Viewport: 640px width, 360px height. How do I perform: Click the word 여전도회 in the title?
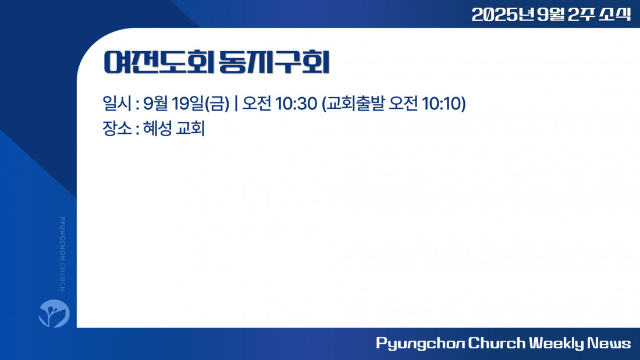coord(159,62)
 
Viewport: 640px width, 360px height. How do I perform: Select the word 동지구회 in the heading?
coord(274,62)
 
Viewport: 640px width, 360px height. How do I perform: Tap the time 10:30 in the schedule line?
coord(296,104)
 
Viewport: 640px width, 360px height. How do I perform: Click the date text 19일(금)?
coord(200,104)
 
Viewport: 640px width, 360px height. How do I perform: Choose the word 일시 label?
coord(117,104)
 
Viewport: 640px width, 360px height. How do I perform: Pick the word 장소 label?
coord(117,128)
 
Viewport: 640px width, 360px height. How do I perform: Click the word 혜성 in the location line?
coord(157,128)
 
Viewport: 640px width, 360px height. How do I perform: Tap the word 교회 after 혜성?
coord(190,128)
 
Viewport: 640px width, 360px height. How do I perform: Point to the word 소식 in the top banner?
coord(615,15)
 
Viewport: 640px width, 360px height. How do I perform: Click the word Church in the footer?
coord(496,343)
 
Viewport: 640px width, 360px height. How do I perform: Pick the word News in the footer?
coord(609,343)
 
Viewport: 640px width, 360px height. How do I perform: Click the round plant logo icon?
coord(54,313)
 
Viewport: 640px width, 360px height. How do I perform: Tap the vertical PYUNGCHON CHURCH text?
coord(62,254)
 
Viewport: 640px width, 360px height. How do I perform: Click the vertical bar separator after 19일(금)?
coord(236,104)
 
